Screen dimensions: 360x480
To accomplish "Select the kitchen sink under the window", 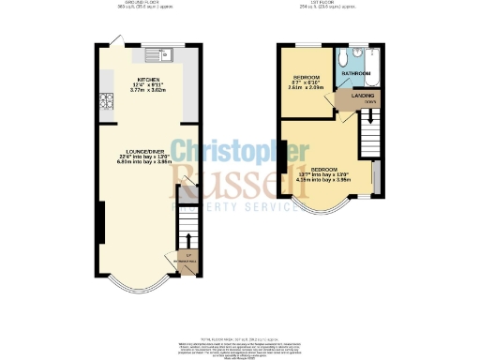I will [154, 47].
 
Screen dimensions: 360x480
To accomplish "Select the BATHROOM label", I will [355, 72].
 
